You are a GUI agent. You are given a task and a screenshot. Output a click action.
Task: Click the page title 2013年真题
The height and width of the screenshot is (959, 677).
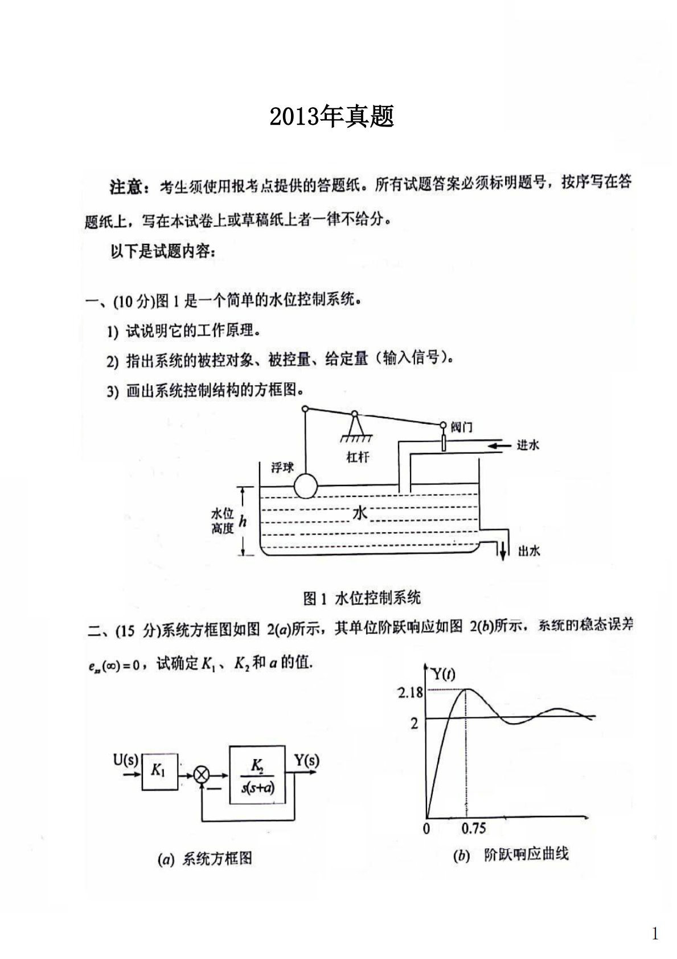tap(331, 117)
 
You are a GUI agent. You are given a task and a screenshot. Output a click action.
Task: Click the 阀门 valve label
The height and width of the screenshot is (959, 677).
tap(461, 427)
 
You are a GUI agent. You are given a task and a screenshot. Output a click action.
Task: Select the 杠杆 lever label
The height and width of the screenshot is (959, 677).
tap(358, 457)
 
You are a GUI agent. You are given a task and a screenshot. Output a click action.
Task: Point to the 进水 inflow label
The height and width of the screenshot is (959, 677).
tap(527, 445)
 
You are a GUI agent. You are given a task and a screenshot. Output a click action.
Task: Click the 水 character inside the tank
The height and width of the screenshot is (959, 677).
tap(360, 512)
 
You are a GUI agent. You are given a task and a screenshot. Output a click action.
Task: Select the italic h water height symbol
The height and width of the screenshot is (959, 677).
tap(243, 521)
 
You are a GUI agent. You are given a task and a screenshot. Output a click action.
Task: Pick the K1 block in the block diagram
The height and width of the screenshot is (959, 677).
tap(159, 771)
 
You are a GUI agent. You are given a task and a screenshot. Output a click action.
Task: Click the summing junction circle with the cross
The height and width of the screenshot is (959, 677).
tap(202, 774)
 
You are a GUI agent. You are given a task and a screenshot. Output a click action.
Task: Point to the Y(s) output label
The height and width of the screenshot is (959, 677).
tap(306, 760)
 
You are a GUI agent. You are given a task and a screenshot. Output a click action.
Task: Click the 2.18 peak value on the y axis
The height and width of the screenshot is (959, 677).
tap(410, 692)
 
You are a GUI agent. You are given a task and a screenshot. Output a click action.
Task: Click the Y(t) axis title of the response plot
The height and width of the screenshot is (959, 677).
tap(442, 675)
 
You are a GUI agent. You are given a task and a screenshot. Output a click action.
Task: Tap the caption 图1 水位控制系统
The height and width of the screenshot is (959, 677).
tap(362, 598)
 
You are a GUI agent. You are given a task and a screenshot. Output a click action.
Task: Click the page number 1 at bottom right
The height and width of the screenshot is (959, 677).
tap(655, 933)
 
